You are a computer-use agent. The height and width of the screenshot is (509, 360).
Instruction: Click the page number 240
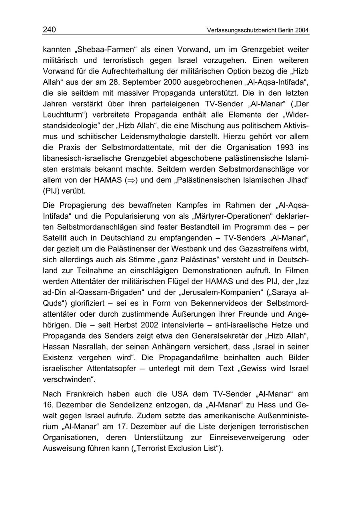(x=49, y=30)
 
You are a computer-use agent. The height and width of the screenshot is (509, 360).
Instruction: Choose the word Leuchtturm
(x=65, y=115)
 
